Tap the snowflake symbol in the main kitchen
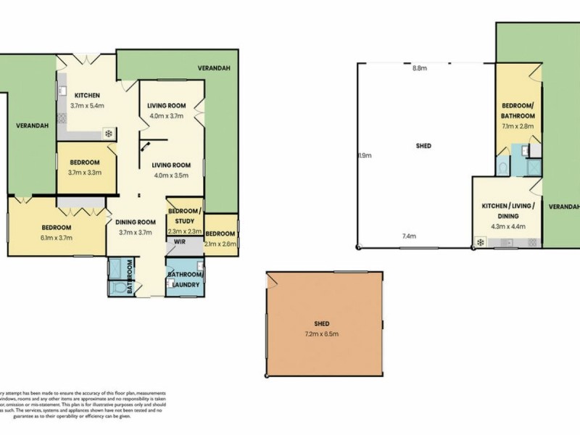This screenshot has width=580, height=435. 109,133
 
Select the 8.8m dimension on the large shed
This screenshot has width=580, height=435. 419,68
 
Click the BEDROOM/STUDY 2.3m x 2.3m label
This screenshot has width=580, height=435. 185,220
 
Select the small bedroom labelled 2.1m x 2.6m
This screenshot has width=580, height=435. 220,238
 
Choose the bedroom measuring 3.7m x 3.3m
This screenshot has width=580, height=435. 84,167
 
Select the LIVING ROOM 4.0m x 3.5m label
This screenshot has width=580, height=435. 171,170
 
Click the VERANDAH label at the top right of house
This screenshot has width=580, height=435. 213,68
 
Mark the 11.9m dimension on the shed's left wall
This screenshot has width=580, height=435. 360,154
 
